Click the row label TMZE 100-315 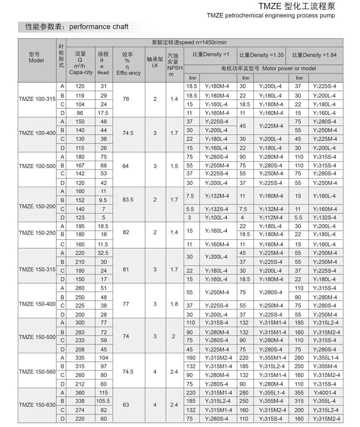tap(37, 99)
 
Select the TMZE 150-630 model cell tap(37, 405)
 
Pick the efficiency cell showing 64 tap(126, 165)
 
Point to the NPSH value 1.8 tap(174, 304)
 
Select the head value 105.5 tap(103, 401)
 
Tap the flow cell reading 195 tap(80, 226)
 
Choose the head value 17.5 tap(103, 113)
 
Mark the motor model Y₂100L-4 tap(216, 217)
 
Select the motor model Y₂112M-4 tap(271, 217)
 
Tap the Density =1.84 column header tap(314, 55)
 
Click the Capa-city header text tap(81, 72)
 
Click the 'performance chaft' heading tap(99, 27)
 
